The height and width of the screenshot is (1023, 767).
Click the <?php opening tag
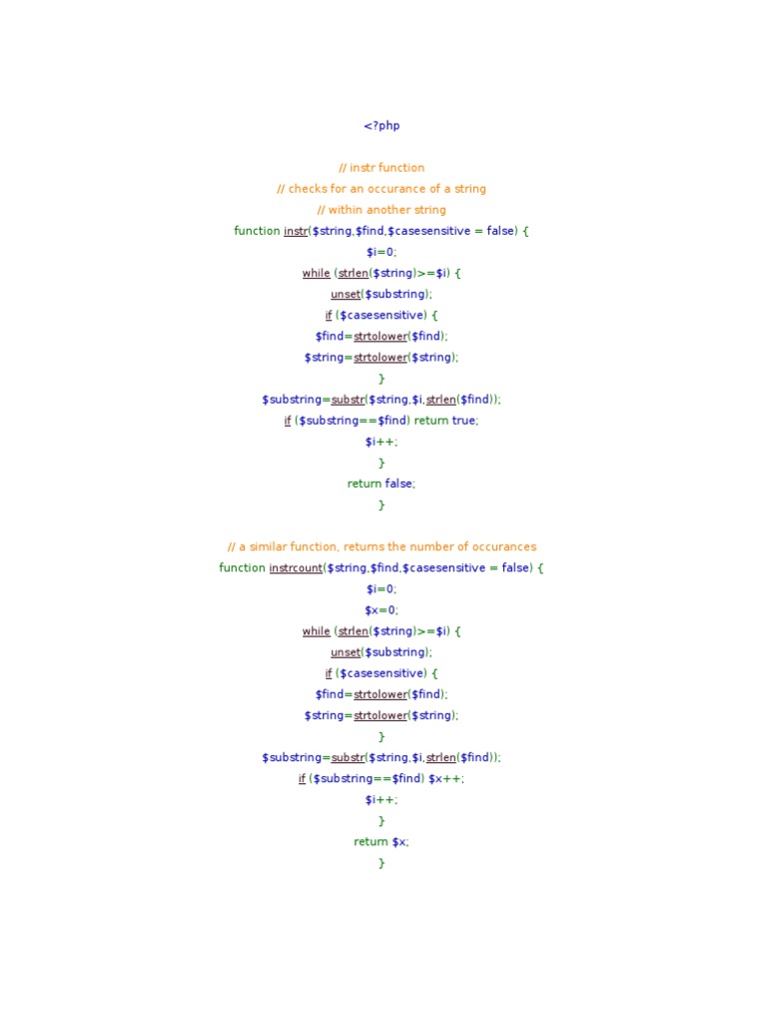pos(382,126)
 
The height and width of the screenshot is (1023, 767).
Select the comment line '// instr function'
pos(382,168)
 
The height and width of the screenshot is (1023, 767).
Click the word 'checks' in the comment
pos(308,189)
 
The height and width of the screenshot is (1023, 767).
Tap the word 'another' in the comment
pos(388,210)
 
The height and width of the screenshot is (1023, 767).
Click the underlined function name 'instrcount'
pos(297,567)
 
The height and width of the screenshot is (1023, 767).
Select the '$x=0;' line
pos(382,609)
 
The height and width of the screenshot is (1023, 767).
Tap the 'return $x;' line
pos(382,841)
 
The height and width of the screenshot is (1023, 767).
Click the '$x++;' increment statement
pos(446,778)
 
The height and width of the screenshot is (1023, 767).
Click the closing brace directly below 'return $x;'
pos(382,862)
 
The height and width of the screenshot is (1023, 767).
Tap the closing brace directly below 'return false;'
pos(382,505)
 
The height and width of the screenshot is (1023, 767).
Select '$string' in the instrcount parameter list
pos(346,567)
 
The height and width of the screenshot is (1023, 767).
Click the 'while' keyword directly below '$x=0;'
pos(317,631)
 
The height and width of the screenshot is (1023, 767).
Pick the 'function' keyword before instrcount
pos(243,567)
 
